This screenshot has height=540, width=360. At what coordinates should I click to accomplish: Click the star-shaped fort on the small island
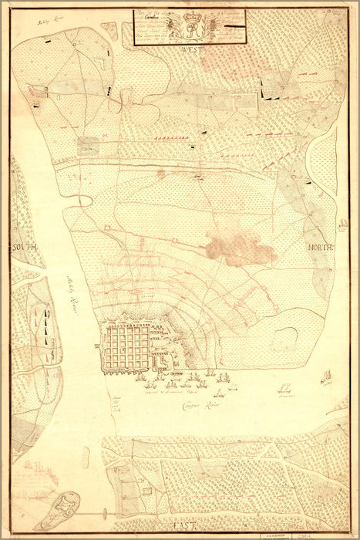67,505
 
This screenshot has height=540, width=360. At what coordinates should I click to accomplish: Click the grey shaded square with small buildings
87,144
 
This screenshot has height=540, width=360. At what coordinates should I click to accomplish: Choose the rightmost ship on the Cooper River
326,377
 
